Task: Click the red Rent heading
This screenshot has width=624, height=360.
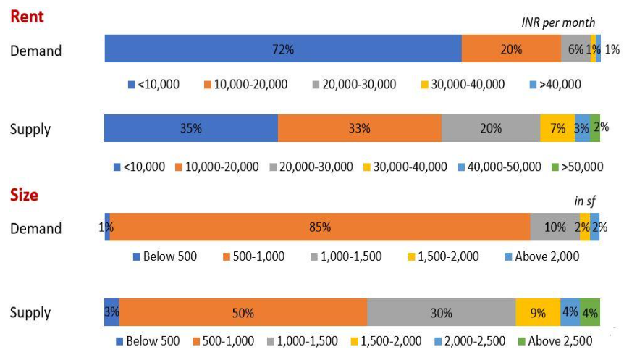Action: (27, 17)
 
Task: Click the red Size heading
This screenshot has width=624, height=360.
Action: (24, 195)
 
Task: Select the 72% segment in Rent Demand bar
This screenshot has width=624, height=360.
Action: (283, 49)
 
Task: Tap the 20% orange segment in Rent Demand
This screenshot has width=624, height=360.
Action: (511, 49)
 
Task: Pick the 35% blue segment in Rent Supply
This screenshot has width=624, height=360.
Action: (191, 128)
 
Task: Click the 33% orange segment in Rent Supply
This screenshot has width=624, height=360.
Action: (359, 128)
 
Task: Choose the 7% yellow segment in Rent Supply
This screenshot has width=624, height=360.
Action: (557, 128)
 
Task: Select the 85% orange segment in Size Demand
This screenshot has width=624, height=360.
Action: (319, 227)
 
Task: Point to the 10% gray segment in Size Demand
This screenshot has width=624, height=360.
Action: (555, 227)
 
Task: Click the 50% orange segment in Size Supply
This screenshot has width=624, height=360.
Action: (243, 313)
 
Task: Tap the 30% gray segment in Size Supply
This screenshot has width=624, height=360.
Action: (441, 313)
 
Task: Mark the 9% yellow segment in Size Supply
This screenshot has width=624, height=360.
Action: (538, 313)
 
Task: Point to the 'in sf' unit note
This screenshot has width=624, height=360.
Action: (585, 201)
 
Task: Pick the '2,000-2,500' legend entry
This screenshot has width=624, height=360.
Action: (469, 341)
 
